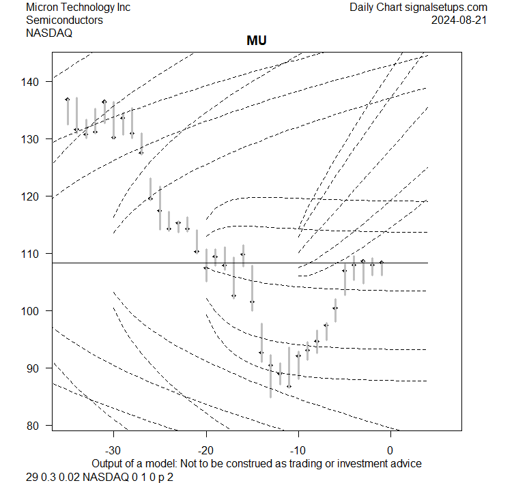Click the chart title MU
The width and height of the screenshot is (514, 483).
pos(257,41)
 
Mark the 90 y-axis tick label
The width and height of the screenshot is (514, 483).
pos(38,368)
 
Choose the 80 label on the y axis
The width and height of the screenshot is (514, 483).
pos(38,426)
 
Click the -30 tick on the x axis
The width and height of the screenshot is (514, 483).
pos(113,450)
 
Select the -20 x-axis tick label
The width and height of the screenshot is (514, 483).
pos(205,450)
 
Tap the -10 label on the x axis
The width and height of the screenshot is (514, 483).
pos(298,450)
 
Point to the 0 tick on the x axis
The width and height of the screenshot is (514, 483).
pos(390,450)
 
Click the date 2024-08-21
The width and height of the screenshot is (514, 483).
pos(459,20)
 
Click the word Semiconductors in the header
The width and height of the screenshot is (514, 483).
pos(65,20)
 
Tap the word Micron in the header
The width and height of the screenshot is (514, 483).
pos(43,7)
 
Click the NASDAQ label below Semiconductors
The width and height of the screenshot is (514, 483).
pos(48,33)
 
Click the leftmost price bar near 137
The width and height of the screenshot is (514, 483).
pos(68,109)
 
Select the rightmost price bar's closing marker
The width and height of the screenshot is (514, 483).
pos(382,262)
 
